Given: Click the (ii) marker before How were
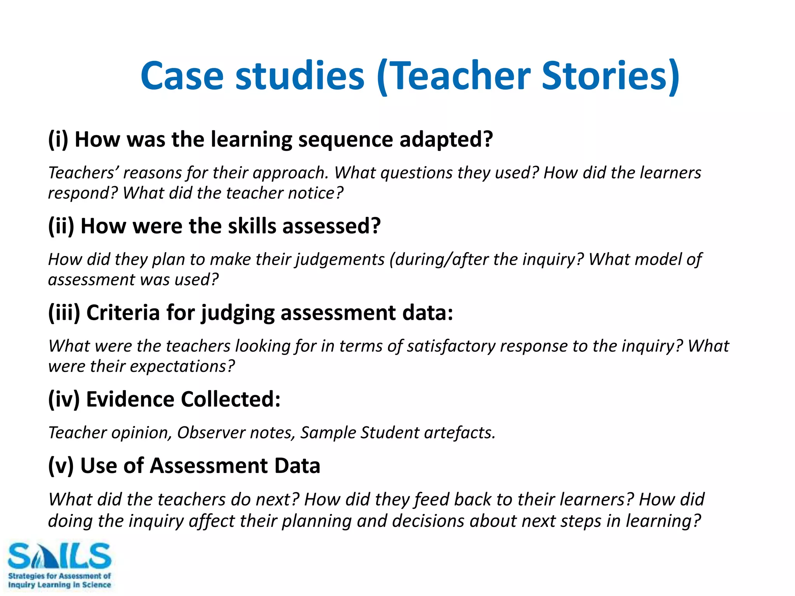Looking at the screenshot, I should click(x=61, y=226).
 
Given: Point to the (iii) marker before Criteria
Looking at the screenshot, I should click(x=64, y=312).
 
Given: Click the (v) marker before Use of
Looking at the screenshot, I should click(x=61, y=465).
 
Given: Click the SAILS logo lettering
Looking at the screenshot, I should click(x=59, y=556).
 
